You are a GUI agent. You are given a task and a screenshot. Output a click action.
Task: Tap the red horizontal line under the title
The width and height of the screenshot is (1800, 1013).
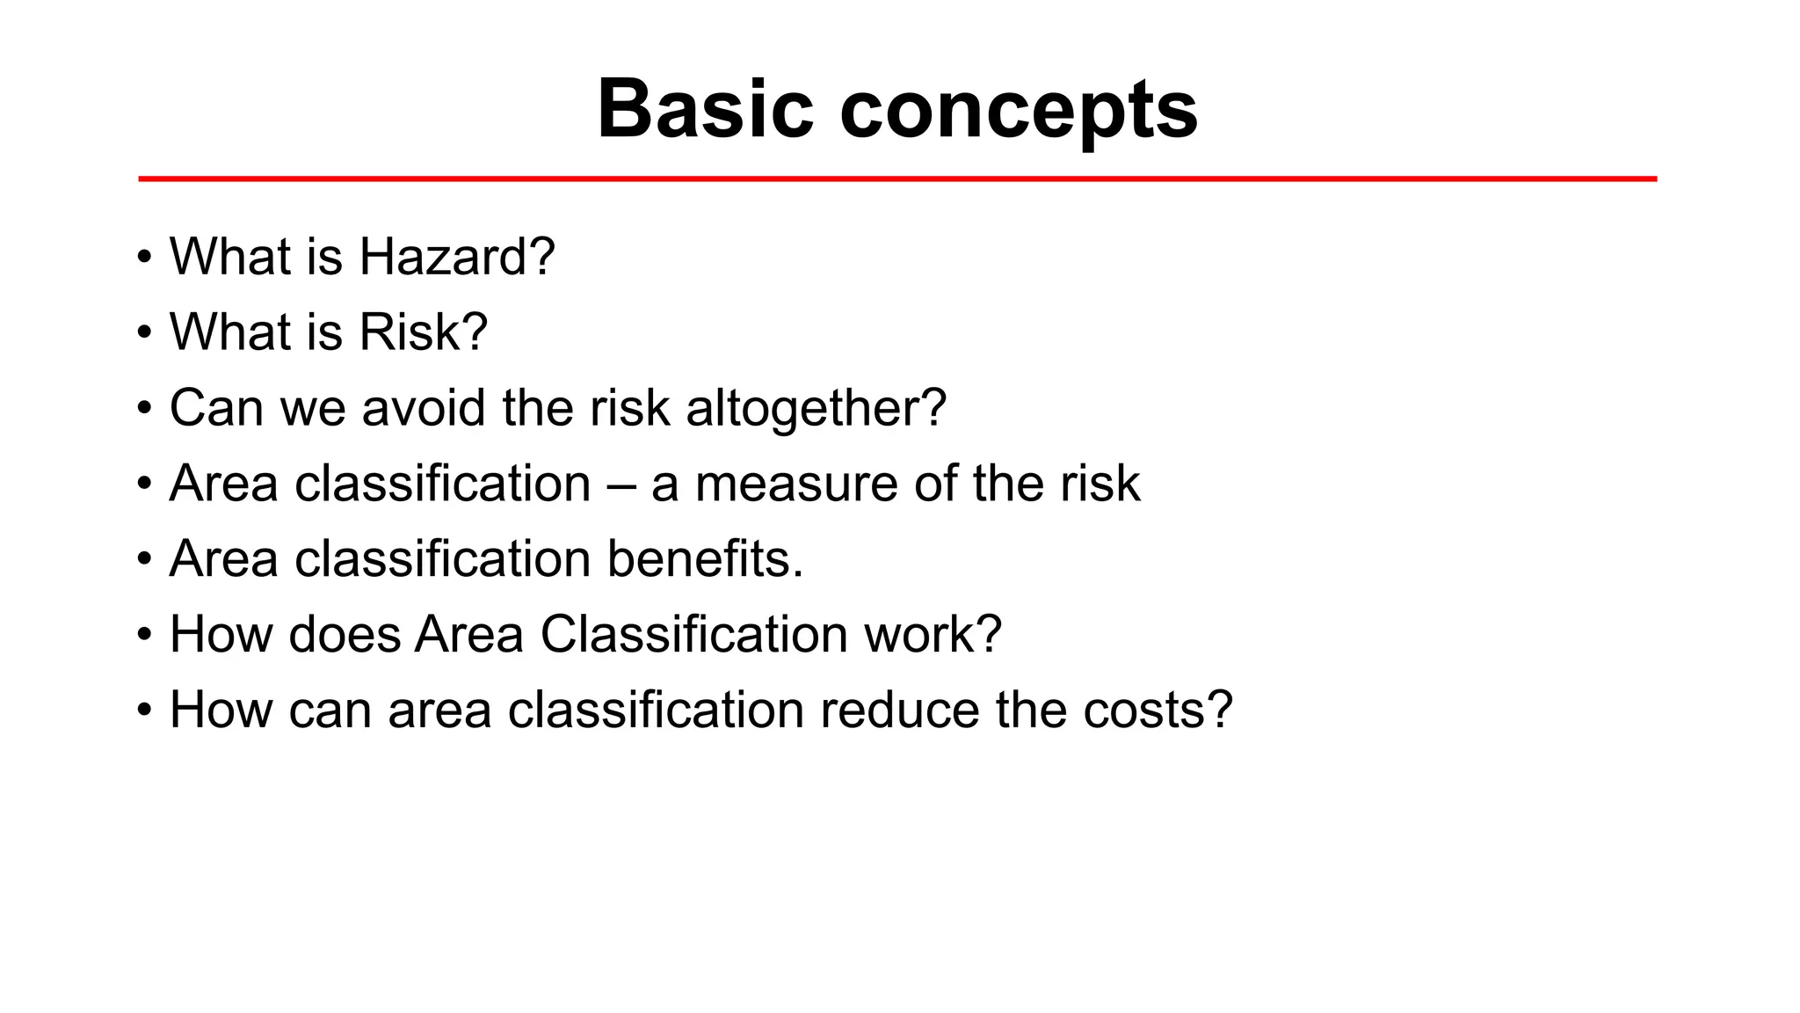[896, 179]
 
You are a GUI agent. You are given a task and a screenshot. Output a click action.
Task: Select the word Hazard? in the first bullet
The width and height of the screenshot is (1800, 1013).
[456, 257]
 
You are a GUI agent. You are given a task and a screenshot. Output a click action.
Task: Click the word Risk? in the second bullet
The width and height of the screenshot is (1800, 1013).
[423, 332]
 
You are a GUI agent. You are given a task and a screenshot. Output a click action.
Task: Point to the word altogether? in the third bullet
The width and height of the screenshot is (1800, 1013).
[816, 409]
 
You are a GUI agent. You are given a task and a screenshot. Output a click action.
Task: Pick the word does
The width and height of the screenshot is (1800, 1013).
[344, 635]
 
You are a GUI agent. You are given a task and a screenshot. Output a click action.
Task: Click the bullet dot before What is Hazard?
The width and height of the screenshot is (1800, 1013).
[144, 259]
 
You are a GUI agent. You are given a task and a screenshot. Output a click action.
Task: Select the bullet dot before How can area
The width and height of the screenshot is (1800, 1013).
[144, 711]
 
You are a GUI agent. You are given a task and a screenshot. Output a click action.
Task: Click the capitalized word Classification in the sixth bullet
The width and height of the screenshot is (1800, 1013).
[693, 635]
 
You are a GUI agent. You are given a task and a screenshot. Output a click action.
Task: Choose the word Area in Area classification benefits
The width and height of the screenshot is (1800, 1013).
[223, 559]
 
